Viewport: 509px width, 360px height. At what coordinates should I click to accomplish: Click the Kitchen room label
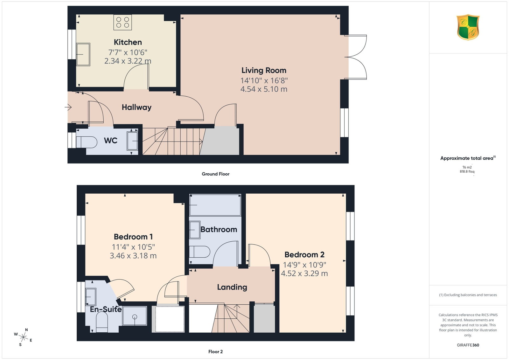tap(128, 42)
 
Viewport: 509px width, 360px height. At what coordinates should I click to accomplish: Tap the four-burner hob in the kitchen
tap(123, 22)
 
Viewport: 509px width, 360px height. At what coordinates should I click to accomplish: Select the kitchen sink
tap(83, 54)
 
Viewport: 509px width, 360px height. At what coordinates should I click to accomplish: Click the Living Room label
tap(264, 70)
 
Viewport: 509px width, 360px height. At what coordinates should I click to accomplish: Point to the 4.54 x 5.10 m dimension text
tap(264, 89)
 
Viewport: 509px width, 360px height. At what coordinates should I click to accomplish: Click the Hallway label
tap(136, 107)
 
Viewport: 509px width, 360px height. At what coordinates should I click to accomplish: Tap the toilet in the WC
tap(87, 142)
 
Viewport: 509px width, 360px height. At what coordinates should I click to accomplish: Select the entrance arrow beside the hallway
tap(68, 107)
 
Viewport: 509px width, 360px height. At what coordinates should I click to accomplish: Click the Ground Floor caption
tap(216, 174)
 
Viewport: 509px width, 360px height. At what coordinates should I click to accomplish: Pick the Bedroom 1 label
tap(133, 237)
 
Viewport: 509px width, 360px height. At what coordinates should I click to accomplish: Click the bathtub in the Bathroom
tap(215, 205)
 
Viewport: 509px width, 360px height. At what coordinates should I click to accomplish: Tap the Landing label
tap(232, 287)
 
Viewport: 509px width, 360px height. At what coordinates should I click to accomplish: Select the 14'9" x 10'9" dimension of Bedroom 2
tap(304, 265)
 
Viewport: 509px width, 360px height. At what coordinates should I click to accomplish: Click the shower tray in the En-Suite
tap(135, 316)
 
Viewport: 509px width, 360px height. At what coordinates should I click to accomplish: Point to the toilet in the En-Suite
tap(102, 322)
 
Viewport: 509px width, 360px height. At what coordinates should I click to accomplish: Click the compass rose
tap(23, 337)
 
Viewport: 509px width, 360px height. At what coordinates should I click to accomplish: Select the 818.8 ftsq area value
tap(467, 172)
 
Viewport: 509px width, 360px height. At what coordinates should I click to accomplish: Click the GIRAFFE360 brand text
tap(468, 345)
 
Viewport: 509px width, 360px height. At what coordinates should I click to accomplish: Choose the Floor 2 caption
tap(216, 352)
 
